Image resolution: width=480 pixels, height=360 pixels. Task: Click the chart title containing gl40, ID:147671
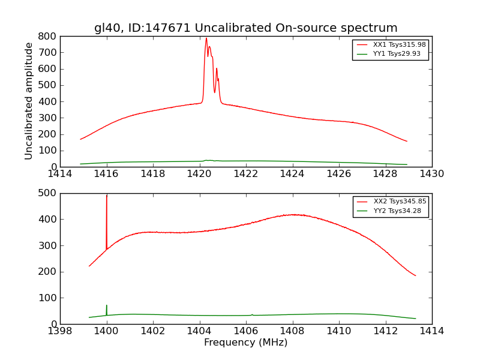click(x=245, y=28)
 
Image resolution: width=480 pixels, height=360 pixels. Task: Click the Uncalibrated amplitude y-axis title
click(x=29, y=101)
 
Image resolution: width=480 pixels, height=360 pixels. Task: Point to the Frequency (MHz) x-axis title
click(x=245, y=343)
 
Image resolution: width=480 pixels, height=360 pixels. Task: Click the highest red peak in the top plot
click(x=206, y=39)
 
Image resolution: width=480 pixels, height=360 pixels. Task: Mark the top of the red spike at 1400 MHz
click(x=107, y=196)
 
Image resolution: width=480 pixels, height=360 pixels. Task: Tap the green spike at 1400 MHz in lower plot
click(x=107, y=306)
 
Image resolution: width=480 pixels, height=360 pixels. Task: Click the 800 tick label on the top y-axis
click(x=48, y=36)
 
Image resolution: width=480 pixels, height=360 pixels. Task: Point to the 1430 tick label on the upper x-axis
click(x=431, y=174)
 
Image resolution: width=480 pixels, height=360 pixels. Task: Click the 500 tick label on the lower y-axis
click(x=48, y=193)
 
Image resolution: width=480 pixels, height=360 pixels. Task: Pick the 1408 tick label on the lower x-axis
click(x=292, y=331)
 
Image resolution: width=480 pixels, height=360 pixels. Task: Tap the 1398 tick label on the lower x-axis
click(x=60, y=331)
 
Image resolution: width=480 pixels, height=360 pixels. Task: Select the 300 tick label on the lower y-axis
click(x=48, y=245)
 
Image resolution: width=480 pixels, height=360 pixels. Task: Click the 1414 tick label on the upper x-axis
click(x=60, y=174)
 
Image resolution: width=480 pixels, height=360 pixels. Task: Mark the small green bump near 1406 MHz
click(x=252, y=314)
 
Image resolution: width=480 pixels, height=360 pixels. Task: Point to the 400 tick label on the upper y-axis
click(x=48, y=101)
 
